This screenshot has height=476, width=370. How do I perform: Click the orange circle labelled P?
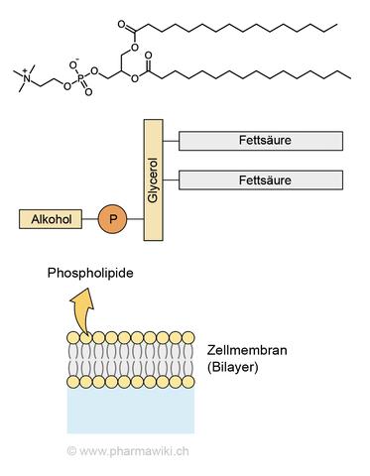coord(110,217)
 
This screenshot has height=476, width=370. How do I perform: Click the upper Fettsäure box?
coord(261,142)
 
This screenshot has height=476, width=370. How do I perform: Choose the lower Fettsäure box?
coord(261,181)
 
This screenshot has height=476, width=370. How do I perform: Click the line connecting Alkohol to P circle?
coord(87,217)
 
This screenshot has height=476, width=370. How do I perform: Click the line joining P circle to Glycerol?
coord(135,217)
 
